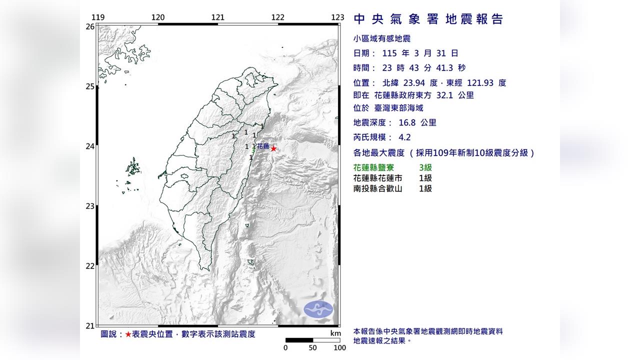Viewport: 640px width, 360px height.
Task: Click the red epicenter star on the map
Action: tap(273, 148)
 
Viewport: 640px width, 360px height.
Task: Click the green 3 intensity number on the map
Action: tap(254, 150)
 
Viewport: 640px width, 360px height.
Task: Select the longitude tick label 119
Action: tap(98, 17)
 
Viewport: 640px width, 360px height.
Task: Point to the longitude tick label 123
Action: tap(337, 17)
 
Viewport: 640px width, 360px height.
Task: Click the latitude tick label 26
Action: tap(90, 26)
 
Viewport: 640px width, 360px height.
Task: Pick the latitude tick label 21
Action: tap(90, 325)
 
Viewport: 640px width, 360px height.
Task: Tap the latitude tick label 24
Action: tap(90, 146)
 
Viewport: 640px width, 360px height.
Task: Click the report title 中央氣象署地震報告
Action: tap(428, 19)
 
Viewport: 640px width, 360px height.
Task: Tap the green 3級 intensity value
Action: tap(425, 168)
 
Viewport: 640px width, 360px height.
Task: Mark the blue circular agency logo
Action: tap(318, 309)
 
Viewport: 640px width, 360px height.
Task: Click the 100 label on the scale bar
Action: tap(339, 348)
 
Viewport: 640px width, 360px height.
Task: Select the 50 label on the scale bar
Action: tap(312, 348)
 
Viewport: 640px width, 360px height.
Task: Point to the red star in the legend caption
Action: tap(128, 334)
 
